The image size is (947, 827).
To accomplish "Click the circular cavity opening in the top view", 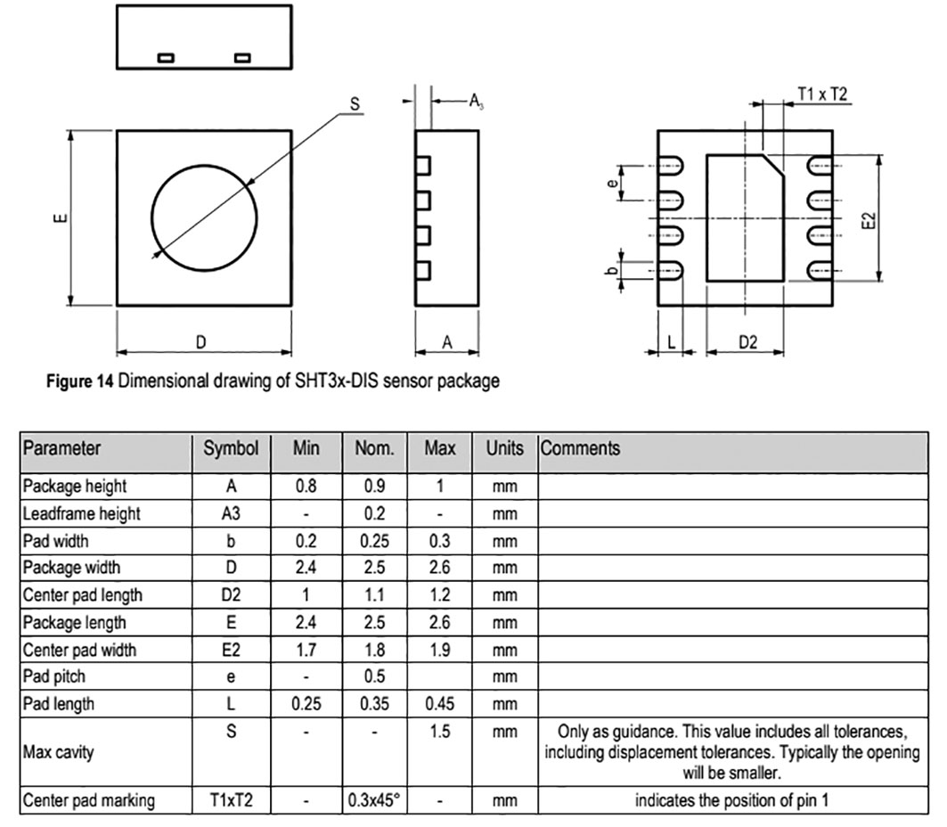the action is coord(151,217).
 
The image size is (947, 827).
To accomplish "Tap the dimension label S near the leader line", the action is coord(355,104).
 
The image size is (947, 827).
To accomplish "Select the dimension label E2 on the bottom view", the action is coord(869,220).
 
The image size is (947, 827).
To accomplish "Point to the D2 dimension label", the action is coord(747,342).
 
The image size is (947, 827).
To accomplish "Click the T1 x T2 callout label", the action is coord(822,94).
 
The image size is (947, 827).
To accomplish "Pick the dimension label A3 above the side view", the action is coord(477,102).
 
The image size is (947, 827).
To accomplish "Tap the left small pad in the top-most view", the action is coord(166,58).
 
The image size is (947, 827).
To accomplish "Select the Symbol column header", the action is coord(231,448).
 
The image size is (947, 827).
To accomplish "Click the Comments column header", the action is coord(580,448).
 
